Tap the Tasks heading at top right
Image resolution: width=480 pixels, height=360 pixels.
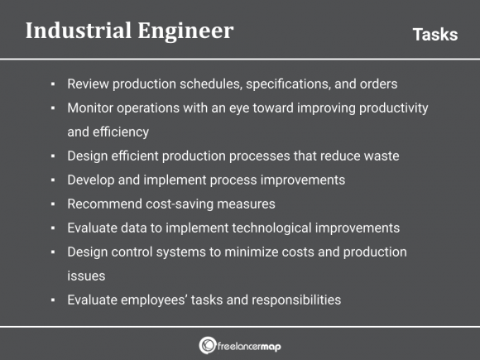[x=434, y=34]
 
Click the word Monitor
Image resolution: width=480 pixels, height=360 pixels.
[x=90, y=108]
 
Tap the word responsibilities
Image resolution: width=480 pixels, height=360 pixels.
[x=292, y=300]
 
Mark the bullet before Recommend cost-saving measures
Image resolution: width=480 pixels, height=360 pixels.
[x=52, y=204]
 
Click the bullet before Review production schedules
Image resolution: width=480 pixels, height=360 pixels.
[x=52, y=84]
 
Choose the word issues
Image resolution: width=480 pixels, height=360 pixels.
[x=84, y=276]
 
